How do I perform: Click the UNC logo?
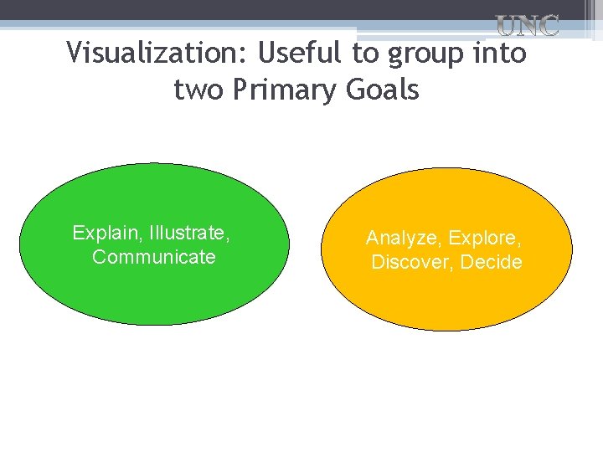[528, 26]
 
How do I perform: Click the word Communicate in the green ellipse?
[154, 257]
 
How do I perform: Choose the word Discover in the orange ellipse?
[410, 262]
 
